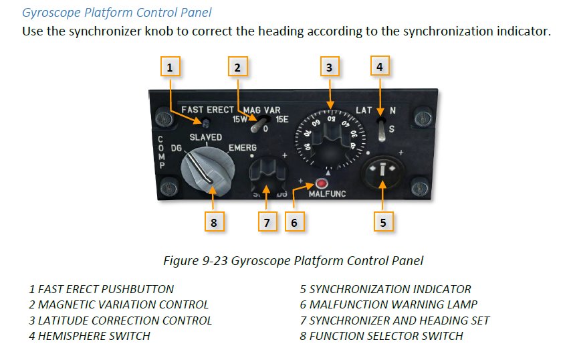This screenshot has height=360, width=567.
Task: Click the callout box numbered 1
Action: pos(170,66)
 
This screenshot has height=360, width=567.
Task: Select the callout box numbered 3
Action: pos(330,66)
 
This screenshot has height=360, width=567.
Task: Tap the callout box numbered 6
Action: pos(294,221)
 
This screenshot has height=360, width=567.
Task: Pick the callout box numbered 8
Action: pos(214,221)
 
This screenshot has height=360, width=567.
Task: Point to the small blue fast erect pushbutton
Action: pos(205,123)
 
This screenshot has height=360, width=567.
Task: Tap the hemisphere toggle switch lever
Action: pos(382,130)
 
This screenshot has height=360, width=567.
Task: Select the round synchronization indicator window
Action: pos(382,171)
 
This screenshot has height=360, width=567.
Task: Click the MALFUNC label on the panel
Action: pos(327,194)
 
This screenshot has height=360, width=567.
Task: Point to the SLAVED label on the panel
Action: pos(206,137)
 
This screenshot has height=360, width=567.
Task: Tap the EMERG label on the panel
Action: pos(242,148)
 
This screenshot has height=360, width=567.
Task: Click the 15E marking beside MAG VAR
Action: pos(282,119)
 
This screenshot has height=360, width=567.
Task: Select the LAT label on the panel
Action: pos(364,110)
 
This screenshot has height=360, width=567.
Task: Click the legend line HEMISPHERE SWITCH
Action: pos(90,336)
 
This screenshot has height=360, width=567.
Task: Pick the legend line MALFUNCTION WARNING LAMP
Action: pos(388,304)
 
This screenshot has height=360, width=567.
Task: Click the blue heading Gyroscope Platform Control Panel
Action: pos(117,13)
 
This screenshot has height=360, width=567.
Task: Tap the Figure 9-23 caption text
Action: pos(294,260)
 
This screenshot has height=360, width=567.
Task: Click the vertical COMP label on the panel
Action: pos(161,152)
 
